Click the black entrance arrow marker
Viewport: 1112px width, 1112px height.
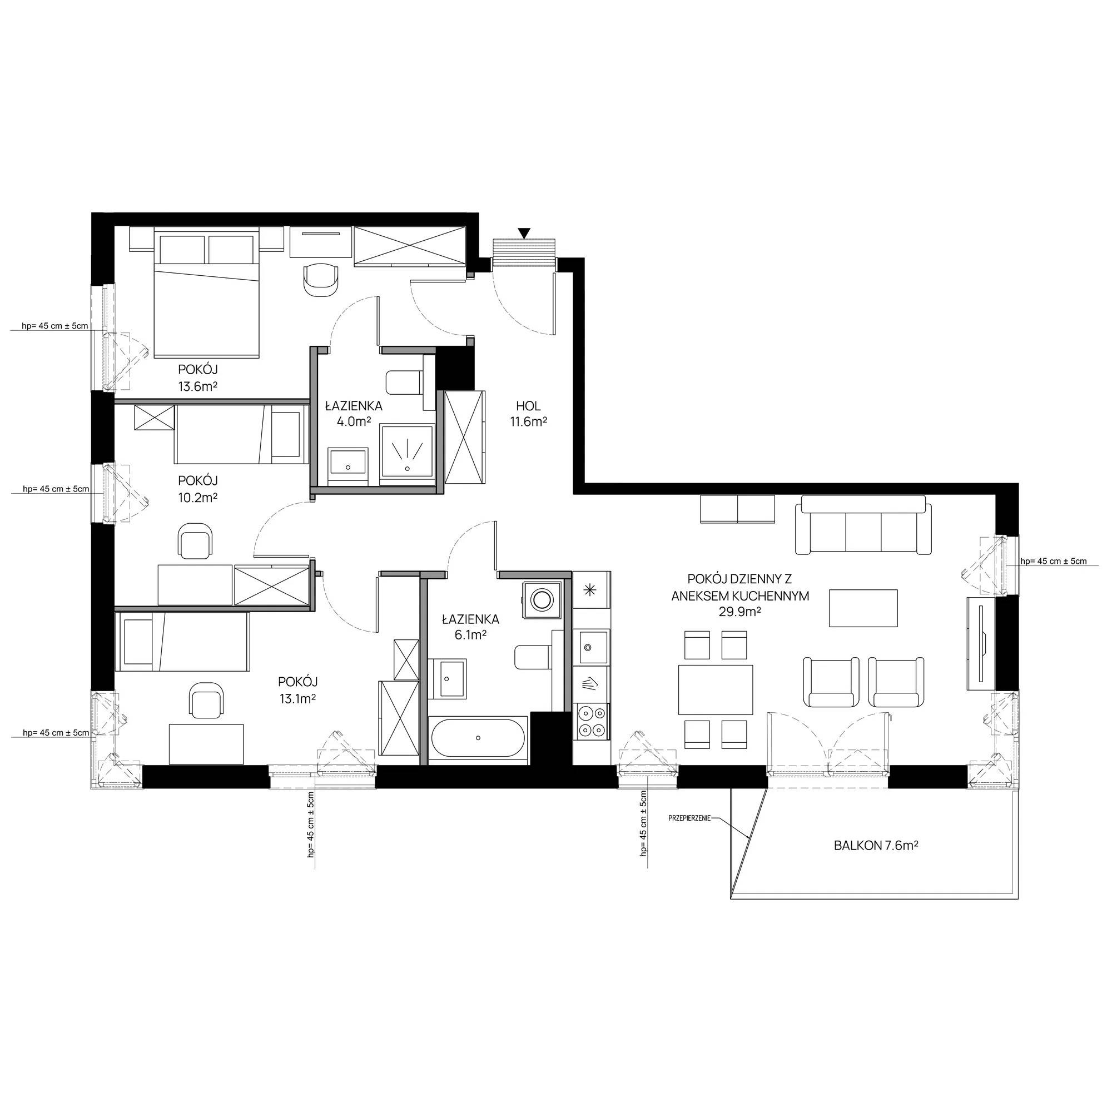click(x=524, y=233)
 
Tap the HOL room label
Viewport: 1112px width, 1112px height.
click(x=528, y=406)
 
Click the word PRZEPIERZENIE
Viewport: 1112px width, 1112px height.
click(x=689, y=817)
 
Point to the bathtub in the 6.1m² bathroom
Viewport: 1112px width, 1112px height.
click(x=478, y=737)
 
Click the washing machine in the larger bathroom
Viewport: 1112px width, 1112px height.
click(x=542, y=599)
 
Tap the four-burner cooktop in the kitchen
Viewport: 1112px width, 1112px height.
click(x=592, y=721)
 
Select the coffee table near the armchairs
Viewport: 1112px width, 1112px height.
click(x=863, y=608)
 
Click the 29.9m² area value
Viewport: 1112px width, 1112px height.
click(x=740, y=612)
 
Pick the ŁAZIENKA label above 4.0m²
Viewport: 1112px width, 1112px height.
click(x=354, y=406)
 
